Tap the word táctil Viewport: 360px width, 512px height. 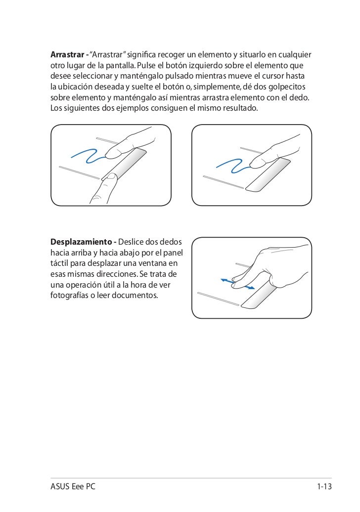click(60, 264)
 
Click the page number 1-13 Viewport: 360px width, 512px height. click(324, 487)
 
